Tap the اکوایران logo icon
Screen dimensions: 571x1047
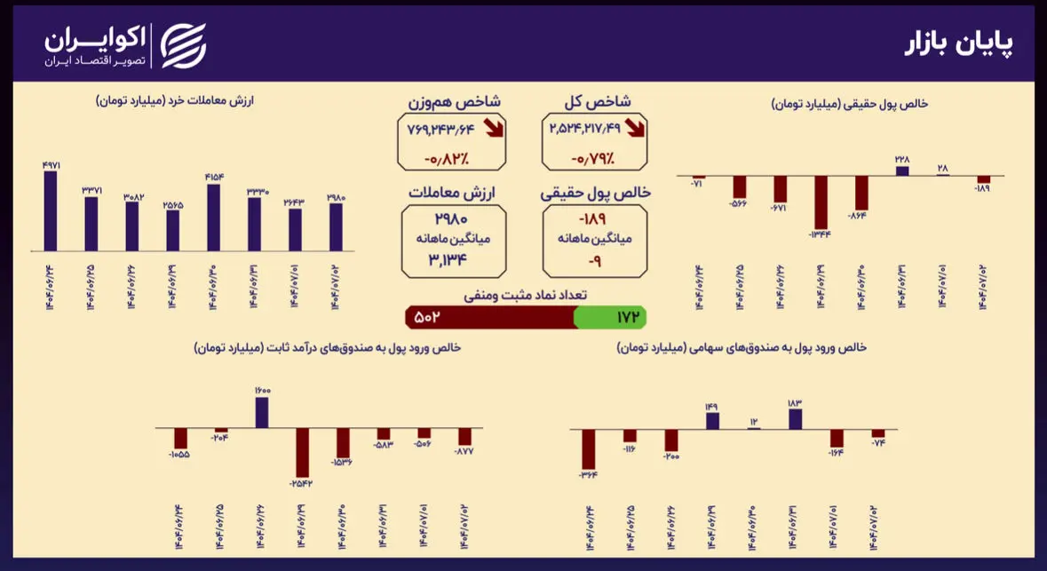tap(182, 45)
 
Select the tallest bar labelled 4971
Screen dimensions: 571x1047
tap(51, 210)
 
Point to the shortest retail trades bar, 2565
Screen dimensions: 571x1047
tap(172, 230)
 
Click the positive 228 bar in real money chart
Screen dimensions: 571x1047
tap(902, 171)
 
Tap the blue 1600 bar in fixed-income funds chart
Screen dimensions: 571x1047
tap(263, 412)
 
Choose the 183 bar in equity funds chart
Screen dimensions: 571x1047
tap(795, 418)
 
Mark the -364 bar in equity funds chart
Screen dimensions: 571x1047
tap(589, 448)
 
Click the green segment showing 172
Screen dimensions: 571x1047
tap(610, 317)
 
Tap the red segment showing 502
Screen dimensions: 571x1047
tap(489, 317)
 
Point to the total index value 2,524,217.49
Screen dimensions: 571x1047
tap(585, 130)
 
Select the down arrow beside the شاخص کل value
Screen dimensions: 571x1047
tap(636, 129)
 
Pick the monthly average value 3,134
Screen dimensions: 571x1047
tap(453, 258)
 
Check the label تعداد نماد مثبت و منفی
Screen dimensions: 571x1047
tap(526, 294)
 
